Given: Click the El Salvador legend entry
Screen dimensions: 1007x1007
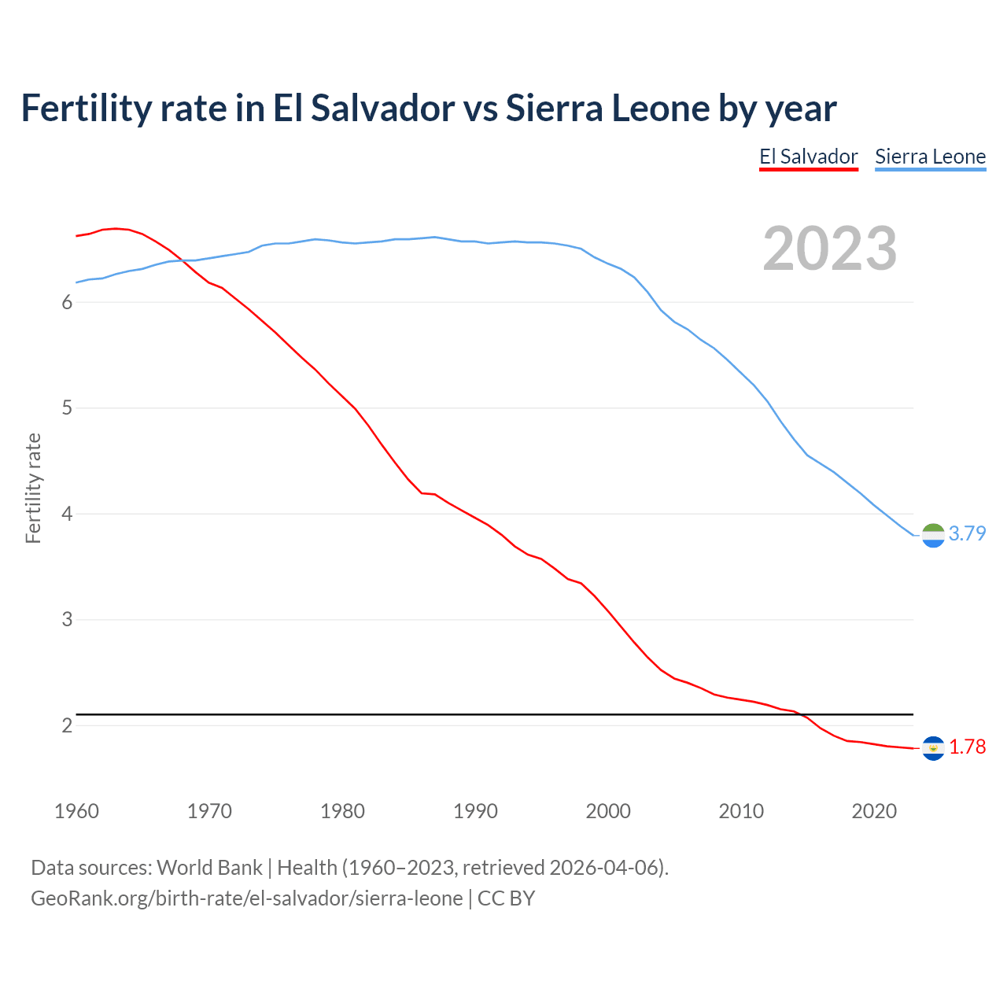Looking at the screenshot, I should coord(808,157).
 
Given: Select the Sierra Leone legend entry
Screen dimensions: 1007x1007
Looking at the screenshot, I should coord(930,157).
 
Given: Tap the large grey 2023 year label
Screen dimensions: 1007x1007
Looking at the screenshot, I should coord(829,249).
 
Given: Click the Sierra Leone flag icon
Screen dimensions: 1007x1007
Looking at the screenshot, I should coord(932,534).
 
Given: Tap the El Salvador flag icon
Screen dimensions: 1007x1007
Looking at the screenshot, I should coord(932,747).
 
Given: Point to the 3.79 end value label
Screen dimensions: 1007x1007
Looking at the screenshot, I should coord(967,533).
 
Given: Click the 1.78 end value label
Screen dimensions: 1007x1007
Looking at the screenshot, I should coord(967,747).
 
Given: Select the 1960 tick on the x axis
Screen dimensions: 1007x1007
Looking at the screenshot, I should coord(76,811).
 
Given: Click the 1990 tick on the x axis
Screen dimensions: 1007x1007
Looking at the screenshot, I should coord(475,811).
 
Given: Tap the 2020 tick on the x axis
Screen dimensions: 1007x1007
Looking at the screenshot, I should coord(874,811).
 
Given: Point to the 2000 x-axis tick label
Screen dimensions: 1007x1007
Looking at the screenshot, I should coord(608,811).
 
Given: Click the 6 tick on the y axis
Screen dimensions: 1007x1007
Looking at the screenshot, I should coord(67,303).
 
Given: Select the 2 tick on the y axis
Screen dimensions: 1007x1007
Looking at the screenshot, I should coord(67,725).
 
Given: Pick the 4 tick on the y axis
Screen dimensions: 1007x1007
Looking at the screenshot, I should coord(67,514).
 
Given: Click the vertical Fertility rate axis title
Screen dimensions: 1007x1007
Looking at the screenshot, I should coord(33,488).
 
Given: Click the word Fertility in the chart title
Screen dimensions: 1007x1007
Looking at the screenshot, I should coord(86,108).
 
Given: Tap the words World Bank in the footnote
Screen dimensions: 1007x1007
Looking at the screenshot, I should coord(209,868).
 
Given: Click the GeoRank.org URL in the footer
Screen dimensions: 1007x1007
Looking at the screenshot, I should coord(246,898).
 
